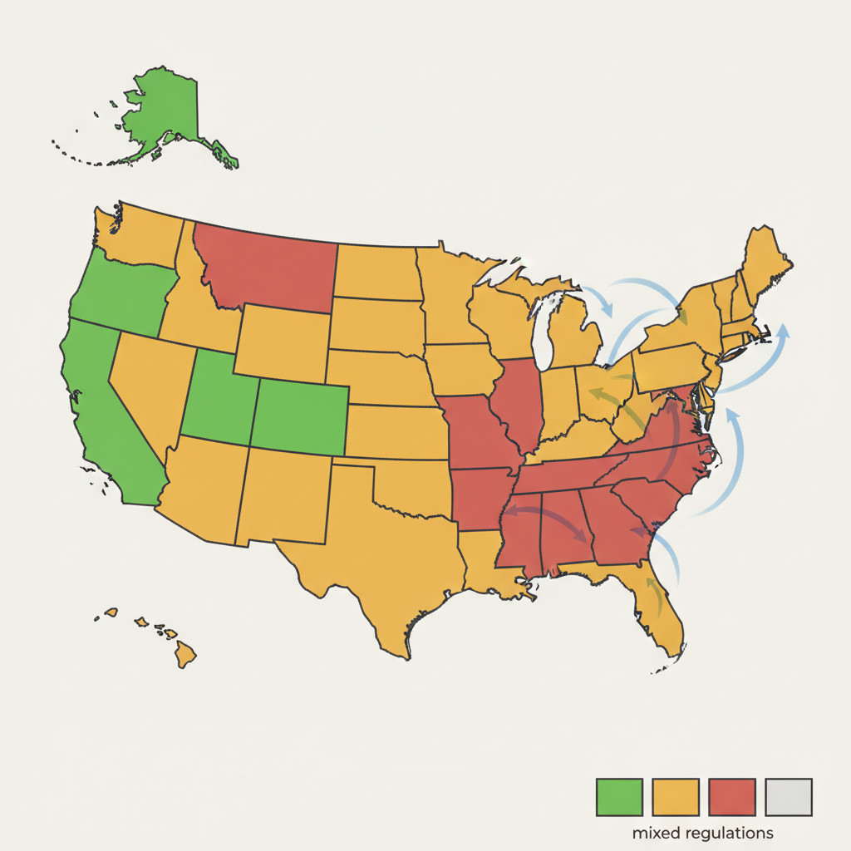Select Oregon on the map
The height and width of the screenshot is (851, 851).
click(x=121, y=295)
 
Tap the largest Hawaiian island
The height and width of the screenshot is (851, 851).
click(x=185, y=657)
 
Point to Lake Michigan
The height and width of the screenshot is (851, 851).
click(x=544, y=332)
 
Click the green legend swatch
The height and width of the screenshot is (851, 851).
click(x=619, y=797)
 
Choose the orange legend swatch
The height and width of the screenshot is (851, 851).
click(x=676, y=797)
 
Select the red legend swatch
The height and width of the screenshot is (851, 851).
click(x=732, y=797)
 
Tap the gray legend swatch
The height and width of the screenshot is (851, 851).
click(x=788, y=797)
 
